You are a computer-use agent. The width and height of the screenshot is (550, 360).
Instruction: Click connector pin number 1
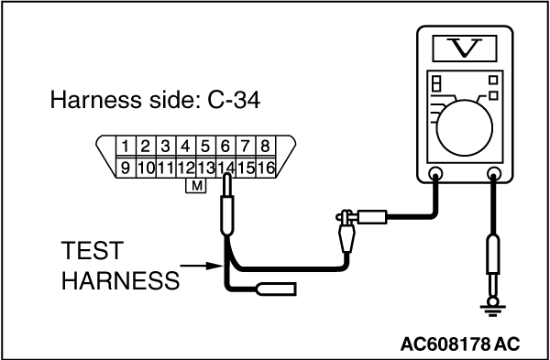click(x=126, y=147)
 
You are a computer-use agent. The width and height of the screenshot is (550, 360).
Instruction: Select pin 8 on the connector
click(x=266, y=147)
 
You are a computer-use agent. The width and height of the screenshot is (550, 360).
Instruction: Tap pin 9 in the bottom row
click(x=126, y=168)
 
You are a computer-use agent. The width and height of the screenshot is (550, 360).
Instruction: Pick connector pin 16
click(x=266, y=168)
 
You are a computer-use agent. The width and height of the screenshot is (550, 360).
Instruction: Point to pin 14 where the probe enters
click(x=225, y=168)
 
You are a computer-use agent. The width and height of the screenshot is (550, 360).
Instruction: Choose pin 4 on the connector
click(x=185, y=147)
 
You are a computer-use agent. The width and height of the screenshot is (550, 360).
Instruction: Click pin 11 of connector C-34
click(x=166, y=168)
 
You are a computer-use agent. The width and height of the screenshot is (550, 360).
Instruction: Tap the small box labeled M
click(x=196, y=185)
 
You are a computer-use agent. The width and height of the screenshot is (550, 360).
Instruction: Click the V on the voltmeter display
click(x=465, y=48)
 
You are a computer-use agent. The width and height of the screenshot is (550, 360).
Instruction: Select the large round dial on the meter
click(x=465, y=128)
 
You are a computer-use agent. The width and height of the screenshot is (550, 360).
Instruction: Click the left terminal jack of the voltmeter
click(x=435, y=173)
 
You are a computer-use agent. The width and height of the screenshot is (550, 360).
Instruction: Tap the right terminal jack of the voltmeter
click(x=494, y=173)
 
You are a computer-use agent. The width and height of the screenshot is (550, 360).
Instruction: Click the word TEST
click(x=92, y=251)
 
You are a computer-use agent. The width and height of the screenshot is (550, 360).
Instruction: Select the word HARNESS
click(x=120, y=280)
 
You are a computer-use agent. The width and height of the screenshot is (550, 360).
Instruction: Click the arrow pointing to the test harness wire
click(x=201, y=266)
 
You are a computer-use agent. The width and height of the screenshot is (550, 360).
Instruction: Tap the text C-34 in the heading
click(x=234, y=100)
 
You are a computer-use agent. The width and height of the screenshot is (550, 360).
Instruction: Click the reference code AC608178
click(x=445, y=344)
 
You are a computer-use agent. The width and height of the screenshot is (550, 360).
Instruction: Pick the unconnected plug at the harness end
click(x=277, y=289)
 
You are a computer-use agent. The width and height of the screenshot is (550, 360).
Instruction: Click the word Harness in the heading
click(x=94, y=100)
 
